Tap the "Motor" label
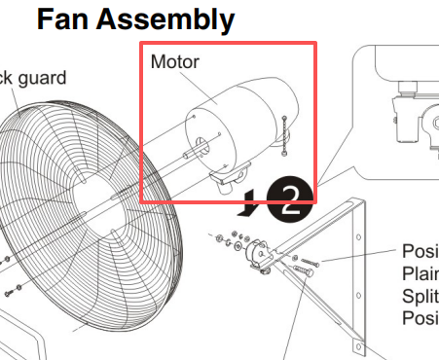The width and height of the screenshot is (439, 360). (x=175, y=62)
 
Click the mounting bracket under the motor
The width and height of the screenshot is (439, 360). (x=231, y=175)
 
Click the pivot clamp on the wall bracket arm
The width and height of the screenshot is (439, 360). (x=259, y=254)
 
